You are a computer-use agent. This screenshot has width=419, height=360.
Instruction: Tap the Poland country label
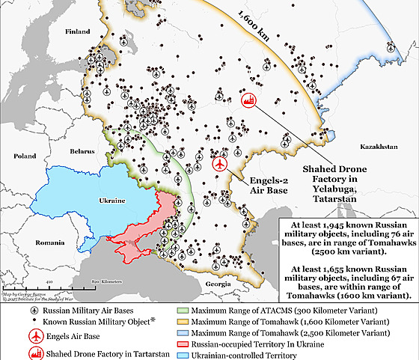click(22, 156)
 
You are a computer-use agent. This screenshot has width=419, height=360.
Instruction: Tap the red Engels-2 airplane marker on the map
click(220, 164)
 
